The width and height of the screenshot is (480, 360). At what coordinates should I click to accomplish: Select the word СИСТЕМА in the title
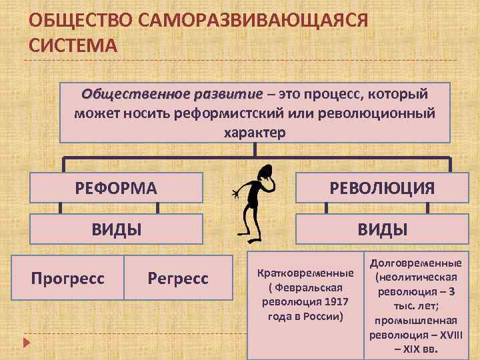tap(73, 45)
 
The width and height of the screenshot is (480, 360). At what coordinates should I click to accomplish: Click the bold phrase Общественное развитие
tap(173, 93)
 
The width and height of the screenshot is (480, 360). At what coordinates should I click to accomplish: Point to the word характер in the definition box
tap(255, 132)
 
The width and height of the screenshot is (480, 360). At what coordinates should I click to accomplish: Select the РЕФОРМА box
tap(116, 189)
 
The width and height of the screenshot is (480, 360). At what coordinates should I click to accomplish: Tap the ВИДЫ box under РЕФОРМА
tap(116, 230)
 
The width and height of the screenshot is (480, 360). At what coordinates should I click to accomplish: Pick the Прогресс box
tap(68, 277)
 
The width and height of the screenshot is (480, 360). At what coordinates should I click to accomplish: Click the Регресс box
tap(179, 277)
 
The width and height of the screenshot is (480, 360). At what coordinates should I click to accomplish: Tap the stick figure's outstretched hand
tap(235, 195)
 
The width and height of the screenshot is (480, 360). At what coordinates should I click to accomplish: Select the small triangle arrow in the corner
tap(26, 343)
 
